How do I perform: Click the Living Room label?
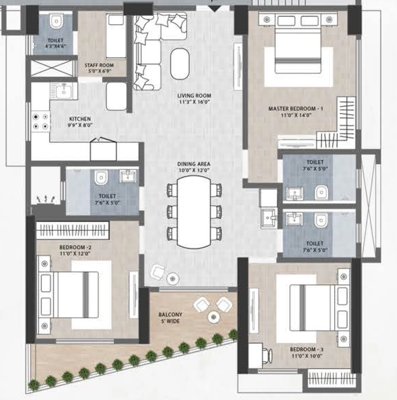click(194, 99)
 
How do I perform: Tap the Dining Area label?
click(194, 167)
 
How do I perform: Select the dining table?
click(194, 212)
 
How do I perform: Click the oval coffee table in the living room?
click(180, 64)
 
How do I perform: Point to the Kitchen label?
click(80, 122)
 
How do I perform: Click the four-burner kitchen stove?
click(41, 121)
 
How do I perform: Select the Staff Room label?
click(99, 68)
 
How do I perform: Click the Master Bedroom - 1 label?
click(295, 112)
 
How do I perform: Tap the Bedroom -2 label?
click(75, 250)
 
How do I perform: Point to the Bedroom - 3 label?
click(307, 352)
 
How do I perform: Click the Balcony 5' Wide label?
click(170, 318)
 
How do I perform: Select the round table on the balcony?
click(214, 317)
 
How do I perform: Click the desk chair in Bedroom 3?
click(267, 355)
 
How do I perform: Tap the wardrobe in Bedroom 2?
click(73, 230)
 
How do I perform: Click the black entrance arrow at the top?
click(215, 9)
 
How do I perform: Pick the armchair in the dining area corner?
click(158, 272)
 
